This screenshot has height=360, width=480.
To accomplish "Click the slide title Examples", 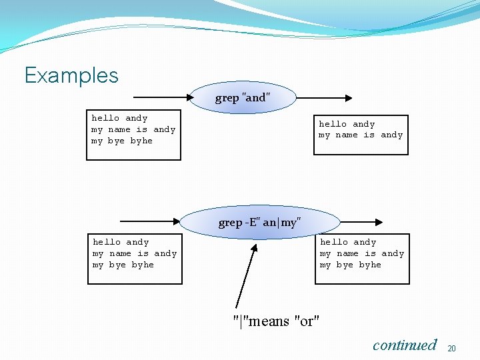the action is click(71, 75).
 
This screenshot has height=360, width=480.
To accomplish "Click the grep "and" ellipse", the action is click(243, 98).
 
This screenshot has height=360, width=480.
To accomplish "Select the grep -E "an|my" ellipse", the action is click(259, 223).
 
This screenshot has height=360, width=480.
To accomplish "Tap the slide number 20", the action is click(451, 349).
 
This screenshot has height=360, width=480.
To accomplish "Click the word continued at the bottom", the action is click(404, 345).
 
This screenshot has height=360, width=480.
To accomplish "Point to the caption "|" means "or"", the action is click(276, 321).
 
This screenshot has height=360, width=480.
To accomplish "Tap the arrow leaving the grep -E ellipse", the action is click(360, 222).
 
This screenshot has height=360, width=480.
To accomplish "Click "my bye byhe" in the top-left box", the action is click(122, 141).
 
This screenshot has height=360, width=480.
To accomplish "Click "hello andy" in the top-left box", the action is click(119, 119).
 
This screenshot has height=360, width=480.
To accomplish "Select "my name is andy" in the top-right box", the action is click(361, 135).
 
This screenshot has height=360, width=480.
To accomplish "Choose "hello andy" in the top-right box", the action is click(347, 124).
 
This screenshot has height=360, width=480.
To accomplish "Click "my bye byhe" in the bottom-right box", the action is click(351, 265).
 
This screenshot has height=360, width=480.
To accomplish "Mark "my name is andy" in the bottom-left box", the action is click(135, 254).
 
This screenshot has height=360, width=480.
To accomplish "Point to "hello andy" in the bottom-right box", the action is click(348, 243).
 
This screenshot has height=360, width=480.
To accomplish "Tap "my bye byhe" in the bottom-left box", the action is click(123, 265).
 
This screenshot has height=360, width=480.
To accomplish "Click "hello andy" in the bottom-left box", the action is click(121, 243).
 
